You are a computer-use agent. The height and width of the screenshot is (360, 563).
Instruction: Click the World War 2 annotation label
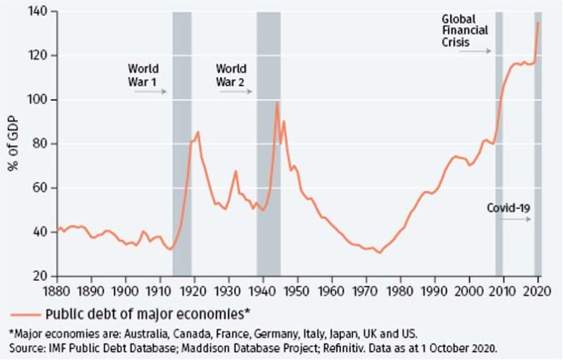[x=231, y=75]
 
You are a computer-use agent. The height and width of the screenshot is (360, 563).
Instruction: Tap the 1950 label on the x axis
[x=297, y=292]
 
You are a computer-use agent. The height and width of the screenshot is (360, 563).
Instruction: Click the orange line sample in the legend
[x=25, y=314]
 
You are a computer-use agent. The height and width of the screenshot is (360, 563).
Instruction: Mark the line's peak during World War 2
[x=276, y=102]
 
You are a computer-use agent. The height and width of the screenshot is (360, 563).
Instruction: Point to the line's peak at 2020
[x=538, y=22]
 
